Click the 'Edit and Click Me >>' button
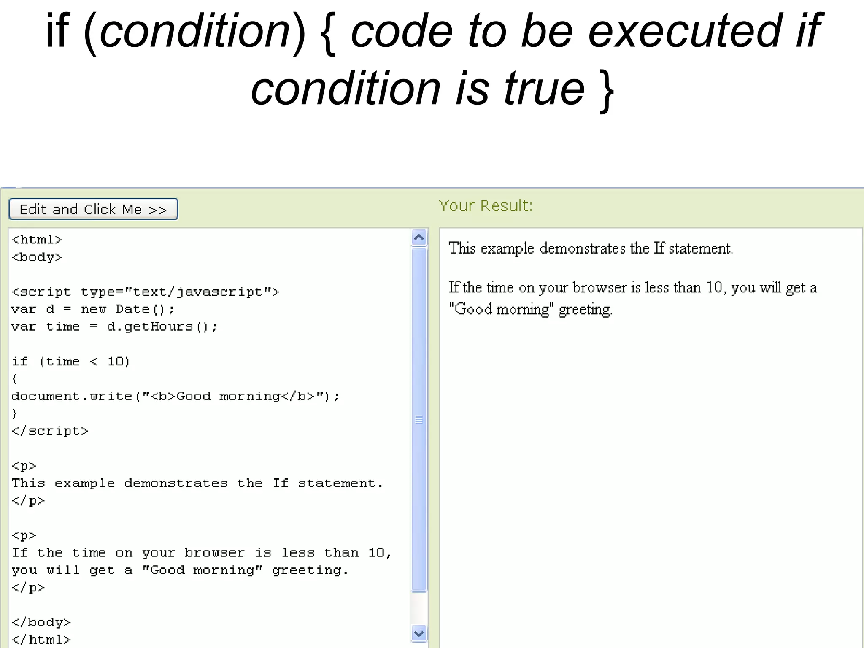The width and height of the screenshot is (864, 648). coord(93,209)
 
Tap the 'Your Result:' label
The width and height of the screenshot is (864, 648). coord(486,206)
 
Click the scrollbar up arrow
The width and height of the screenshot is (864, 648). coord(419,238)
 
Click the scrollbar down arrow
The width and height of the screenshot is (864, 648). coord(419,633)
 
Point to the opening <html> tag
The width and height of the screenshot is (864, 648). coord(37,240)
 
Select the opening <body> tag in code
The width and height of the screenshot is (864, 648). coord(37,257)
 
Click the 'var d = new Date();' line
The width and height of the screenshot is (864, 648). coord(93,310)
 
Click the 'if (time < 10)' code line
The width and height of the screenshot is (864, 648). coord(71,362)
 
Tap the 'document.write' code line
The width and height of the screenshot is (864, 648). coord(175,397)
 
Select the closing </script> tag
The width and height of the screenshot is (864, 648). coord(50,431)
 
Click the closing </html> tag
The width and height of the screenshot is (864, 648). coord(41,640)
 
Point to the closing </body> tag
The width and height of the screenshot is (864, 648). coord(41,622)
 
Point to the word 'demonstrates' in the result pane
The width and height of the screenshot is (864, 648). coord(582,248)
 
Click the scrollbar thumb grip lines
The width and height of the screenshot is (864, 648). coord(419,420)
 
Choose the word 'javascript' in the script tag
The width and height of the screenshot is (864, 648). coord(219,292)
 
